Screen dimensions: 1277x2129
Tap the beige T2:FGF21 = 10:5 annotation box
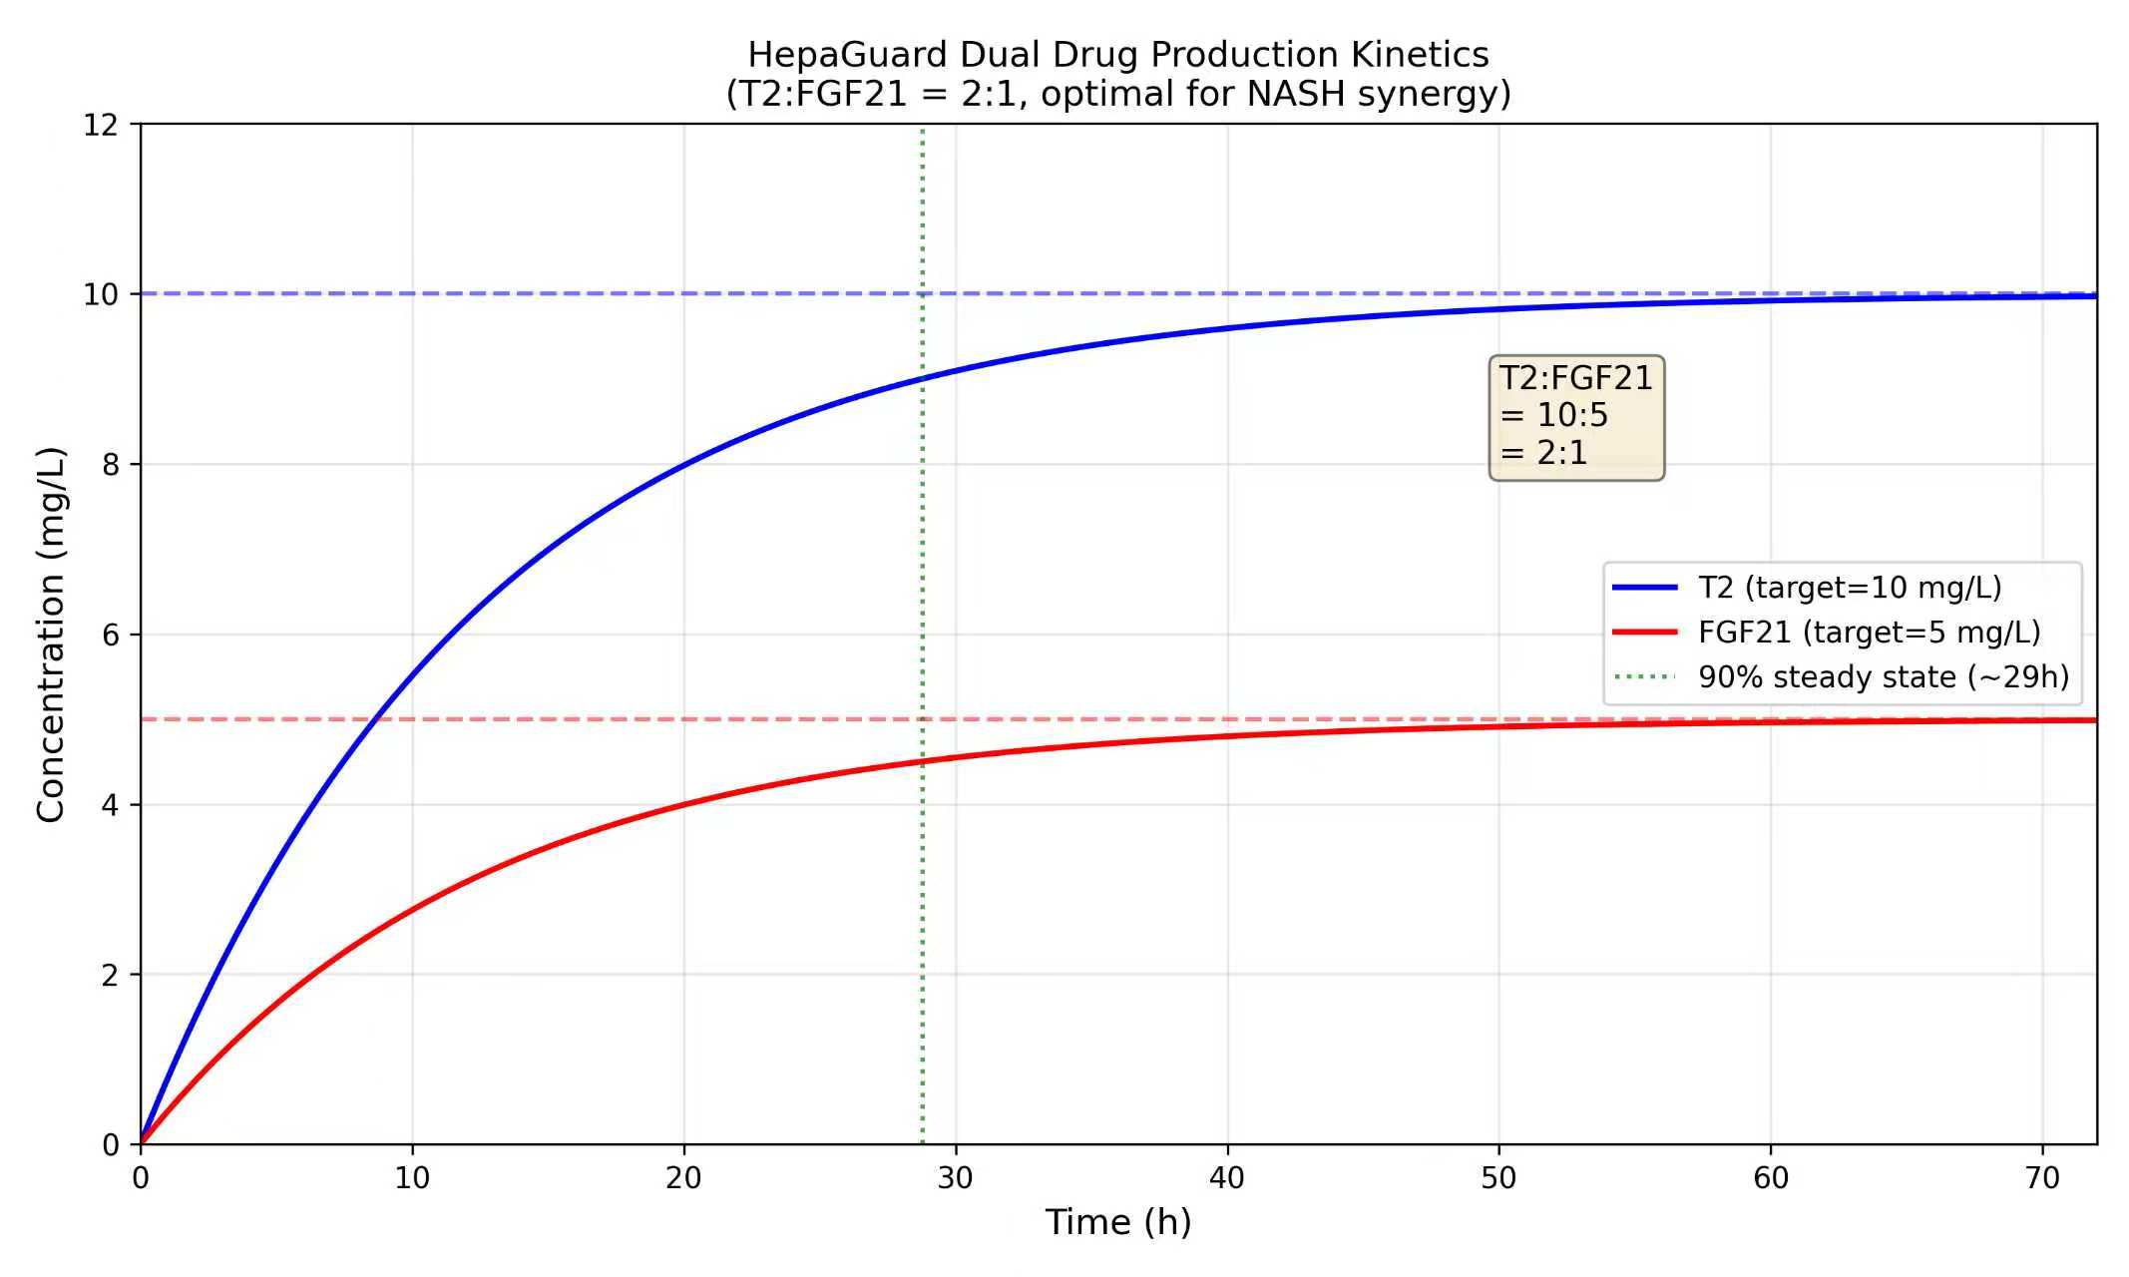point(1576,416)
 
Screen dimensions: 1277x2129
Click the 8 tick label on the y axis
point(110,465)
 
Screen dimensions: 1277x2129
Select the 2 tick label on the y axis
point(110,975)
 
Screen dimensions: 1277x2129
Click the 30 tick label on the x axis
point(955,1179)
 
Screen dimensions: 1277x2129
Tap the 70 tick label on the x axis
point(2042,1179)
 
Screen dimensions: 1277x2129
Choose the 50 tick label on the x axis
point(1498,1179)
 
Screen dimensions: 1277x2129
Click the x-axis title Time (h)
point(1117,1222)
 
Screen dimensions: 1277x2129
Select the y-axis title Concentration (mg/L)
point(50,635)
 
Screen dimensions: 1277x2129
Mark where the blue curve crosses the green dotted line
point(923,378)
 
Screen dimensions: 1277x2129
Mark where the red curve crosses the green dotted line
point(923,761)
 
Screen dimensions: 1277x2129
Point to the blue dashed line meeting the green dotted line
point(923,294)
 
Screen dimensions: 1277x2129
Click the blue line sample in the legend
point(1645,588)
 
